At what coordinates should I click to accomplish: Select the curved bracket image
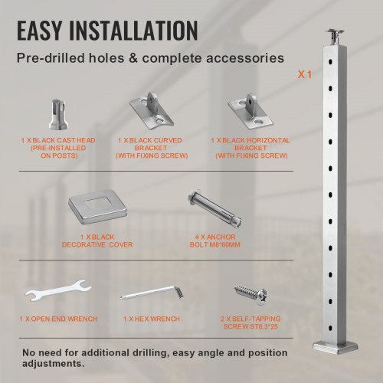coord(152,110)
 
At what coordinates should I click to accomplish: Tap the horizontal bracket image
coord(250,112)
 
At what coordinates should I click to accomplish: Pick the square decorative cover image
coord(97,206)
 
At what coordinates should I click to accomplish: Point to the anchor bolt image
coord(214,208)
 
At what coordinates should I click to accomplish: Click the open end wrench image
coord(58,290)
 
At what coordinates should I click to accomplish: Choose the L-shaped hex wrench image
coord(152,293)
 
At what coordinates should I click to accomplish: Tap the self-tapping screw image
coord(251,294)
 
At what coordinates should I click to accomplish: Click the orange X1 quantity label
coord(305,75)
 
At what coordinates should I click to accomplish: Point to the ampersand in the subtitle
coord(133,58)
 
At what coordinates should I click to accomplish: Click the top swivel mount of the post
coord(335,38)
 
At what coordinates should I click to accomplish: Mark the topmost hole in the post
coord(330,62)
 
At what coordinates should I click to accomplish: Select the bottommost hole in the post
coord(330,328)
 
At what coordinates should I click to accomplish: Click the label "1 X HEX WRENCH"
coord(152,319)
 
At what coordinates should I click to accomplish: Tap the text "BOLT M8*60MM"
coord(215,245)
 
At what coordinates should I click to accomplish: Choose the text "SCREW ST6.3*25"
coord(250,326)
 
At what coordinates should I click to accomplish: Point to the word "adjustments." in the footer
coord(54,364)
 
